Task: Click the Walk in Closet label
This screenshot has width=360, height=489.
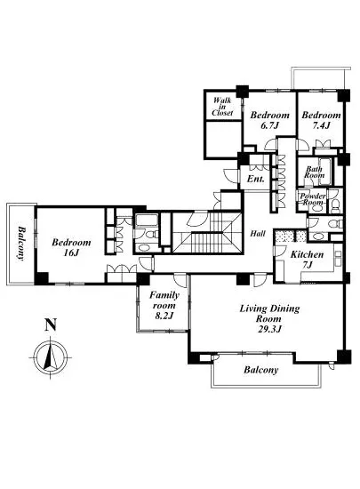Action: tap(222, 107)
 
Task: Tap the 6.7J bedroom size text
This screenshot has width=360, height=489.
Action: tap(269, 125)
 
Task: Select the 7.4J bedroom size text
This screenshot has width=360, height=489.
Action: tap(321, 125)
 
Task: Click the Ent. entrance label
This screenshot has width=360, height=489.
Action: tap(256, 179)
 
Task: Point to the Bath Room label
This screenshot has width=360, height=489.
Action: tap(315, 172)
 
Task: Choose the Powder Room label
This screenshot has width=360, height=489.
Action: tap(313, 199)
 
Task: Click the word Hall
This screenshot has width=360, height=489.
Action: tap(259, 233)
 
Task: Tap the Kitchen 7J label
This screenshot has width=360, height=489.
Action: tap(307, 260)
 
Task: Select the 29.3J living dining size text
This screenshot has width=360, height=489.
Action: tap(270, 329)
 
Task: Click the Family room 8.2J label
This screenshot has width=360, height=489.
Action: tap(164, 305)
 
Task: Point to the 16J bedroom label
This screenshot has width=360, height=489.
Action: tap(71, 247)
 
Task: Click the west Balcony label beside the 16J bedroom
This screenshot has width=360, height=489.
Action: tap(21, 244)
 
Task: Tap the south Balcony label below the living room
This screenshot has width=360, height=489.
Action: tap(260, 370)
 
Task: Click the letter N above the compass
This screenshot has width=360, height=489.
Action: tap(51, 325)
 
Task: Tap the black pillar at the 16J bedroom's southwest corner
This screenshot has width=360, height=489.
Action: tap(42, 278)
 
